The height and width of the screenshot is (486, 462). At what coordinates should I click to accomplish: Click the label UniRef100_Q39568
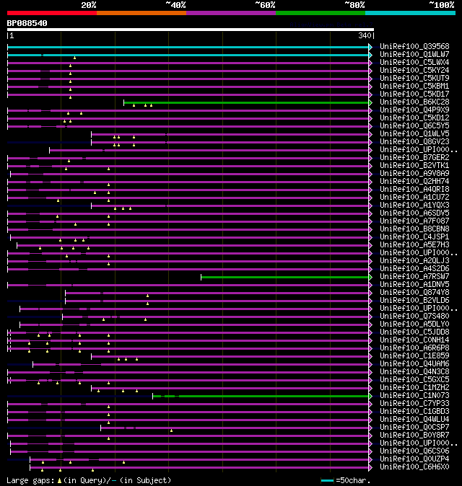[414, 46]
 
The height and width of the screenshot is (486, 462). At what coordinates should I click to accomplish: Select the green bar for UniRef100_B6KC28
[245, 102]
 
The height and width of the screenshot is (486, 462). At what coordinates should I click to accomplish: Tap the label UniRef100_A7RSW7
[414, 276]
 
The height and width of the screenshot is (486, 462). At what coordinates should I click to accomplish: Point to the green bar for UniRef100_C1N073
[274, 396]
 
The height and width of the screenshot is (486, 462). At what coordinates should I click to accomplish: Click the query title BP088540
[27, 23]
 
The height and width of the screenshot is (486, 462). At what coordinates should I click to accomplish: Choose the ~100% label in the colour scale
[441, 4]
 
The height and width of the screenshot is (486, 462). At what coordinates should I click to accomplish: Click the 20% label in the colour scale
[89, 4]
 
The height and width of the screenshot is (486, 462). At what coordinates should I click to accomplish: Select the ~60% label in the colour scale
[265, 4]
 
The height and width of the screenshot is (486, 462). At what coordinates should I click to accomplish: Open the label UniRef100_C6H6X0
[414, 467]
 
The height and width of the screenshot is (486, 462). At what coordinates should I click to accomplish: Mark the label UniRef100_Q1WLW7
[414, 54]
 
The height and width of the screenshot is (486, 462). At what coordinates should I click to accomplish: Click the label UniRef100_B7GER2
[414, 157]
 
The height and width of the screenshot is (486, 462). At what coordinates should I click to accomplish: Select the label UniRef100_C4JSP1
[414, 237]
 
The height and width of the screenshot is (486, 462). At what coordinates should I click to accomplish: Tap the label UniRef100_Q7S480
[414, 316]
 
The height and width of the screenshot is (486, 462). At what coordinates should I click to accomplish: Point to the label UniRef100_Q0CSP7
[414, 427]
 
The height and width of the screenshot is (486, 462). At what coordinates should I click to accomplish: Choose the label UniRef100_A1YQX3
[414, 205]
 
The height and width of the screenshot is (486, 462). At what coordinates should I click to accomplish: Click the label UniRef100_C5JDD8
[414, 332]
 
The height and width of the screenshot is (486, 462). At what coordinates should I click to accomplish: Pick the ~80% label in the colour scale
[354, 4]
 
